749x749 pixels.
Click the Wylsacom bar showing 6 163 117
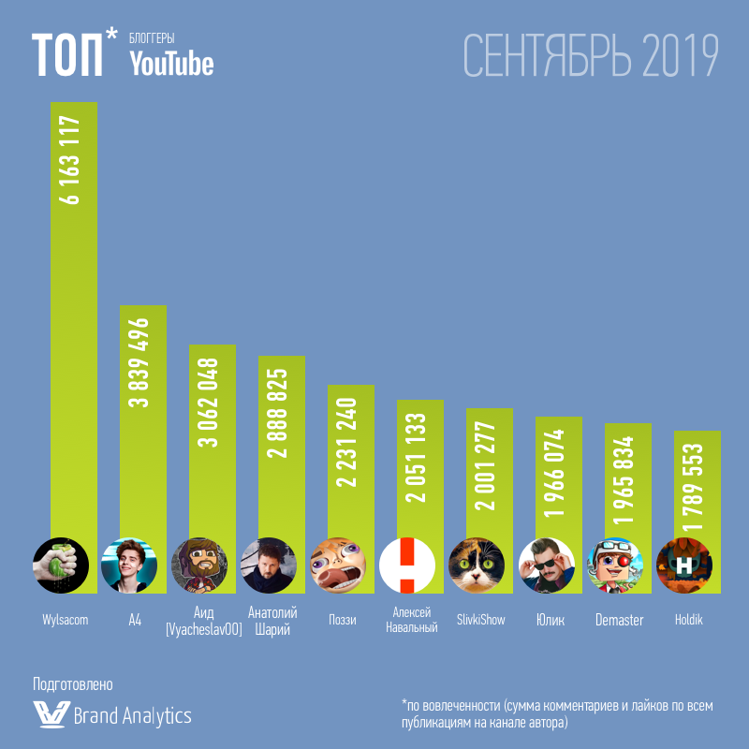point(73,318)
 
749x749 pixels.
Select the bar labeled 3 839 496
point(142,421)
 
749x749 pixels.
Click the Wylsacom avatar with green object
point(60,565)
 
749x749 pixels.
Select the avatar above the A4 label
point(129,565)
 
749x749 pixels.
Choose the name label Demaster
point(619,620)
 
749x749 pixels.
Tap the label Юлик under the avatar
point(550,620)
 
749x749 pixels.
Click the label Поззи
point(342,620)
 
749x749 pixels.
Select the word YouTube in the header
point(171,63)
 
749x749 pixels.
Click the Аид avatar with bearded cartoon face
point(199,565)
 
